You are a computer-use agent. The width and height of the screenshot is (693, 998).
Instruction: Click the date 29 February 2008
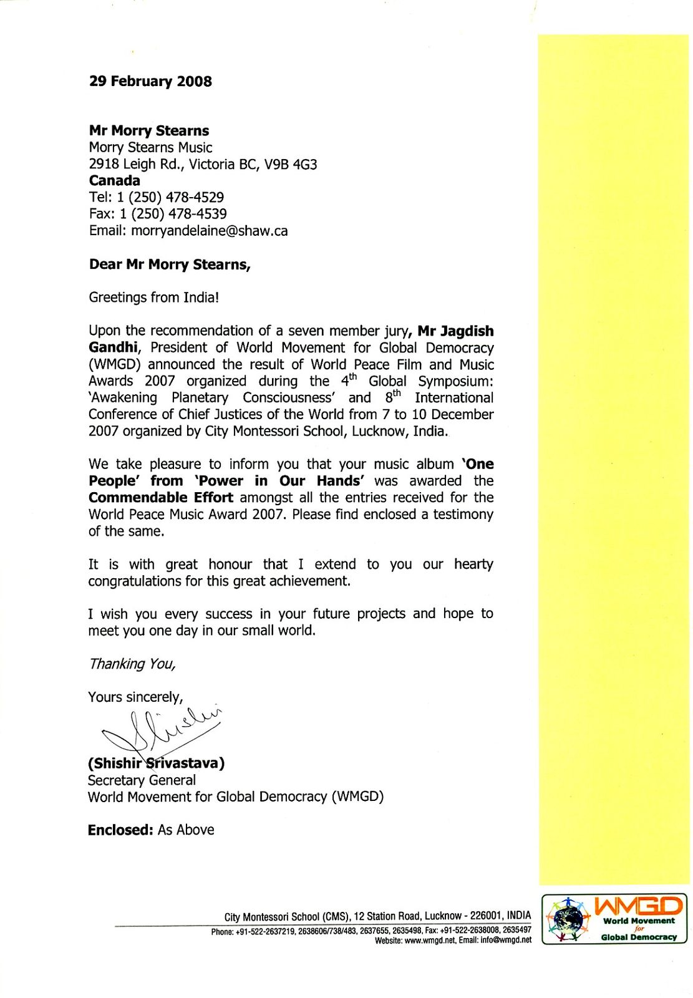(x=150, y=82)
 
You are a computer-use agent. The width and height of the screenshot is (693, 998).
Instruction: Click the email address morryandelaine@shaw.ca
(x=210, y=231)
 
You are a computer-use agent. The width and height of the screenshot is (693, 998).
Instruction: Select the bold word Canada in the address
(x=114, y=181)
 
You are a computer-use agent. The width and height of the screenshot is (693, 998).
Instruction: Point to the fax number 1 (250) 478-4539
(x=173, y=214)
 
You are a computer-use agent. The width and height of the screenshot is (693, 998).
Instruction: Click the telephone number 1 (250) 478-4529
(x=170, y=198)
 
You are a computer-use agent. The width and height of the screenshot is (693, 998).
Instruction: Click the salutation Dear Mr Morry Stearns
(x=169, y=264)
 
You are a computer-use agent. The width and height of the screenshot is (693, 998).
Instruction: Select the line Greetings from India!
(x=153, y=298)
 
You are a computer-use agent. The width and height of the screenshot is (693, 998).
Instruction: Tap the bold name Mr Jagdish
(x=455, y=331)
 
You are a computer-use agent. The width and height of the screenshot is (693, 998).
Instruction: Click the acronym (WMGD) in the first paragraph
(x=116, y=364)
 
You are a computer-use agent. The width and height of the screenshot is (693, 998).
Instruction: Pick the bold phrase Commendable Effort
(x=160, y=498)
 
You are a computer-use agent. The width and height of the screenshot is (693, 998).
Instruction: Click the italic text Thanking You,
(x=132, y=664)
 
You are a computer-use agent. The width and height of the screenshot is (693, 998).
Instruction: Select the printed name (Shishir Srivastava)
(x=156, y=763)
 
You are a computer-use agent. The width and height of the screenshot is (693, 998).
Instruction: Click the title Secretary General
(x=142, y=780)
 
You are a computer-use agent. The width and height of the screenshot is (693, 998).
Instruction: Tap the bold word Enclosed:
(x=120, y=830)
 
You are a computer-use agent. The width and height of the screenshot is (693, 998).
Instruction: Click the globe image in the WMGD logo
(x=568, y=919)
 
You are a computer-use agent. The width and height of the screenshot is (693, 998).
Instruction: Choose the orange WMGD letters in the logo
(x=637, y=906)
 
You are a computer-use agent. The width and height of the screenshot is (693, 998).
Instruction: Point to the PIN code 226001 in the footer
(x=487, y=916)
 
